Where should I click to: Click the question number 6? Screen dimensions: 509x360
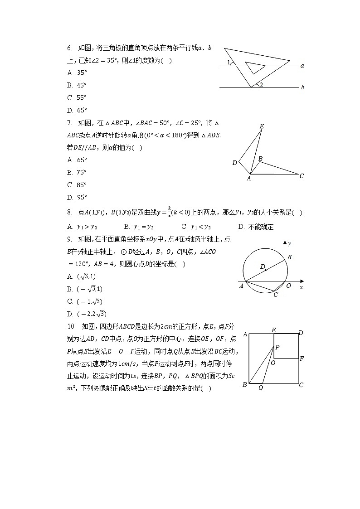click(69, 48)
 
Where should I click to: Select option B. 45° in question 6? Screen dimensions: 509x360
click(77, 85)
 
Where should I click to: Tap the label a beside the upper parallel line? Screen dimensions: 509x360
click(302, 66)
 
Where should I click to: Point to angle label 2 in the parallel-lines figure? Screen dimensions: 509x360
click(261, 84)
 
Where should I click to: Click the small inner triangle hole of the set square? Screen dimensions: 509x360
click(254, 67)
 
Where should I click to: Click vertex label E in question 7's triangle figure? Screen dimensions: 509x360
click(262, 126)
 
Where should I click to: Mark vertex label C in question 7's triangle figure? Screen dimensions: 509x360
click(302, 176)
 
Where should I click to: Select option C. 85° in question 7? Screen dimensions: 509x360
click(77, 185)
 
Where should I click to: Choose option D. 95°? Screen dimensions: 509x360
click(77, 197)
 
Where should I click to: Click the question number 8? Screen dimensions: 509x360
click(69, 212)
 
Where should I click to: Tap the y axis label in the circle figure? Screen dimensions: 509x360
click(289, 244)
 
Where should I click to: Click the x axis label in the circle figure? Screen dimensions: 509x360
click(301, 287)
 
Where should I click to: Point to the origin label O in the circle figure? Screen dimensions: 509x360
click(289, 286)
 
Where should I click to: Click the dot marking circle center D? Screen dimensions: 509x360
click(266, 270)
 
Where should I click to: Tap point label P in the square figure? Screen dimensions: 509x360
click(277, 347)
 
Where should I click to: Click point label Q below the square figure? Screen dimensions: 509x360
click(260, 388)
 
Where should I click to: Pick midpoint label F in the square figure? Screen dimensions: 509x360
click(302, 359)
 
